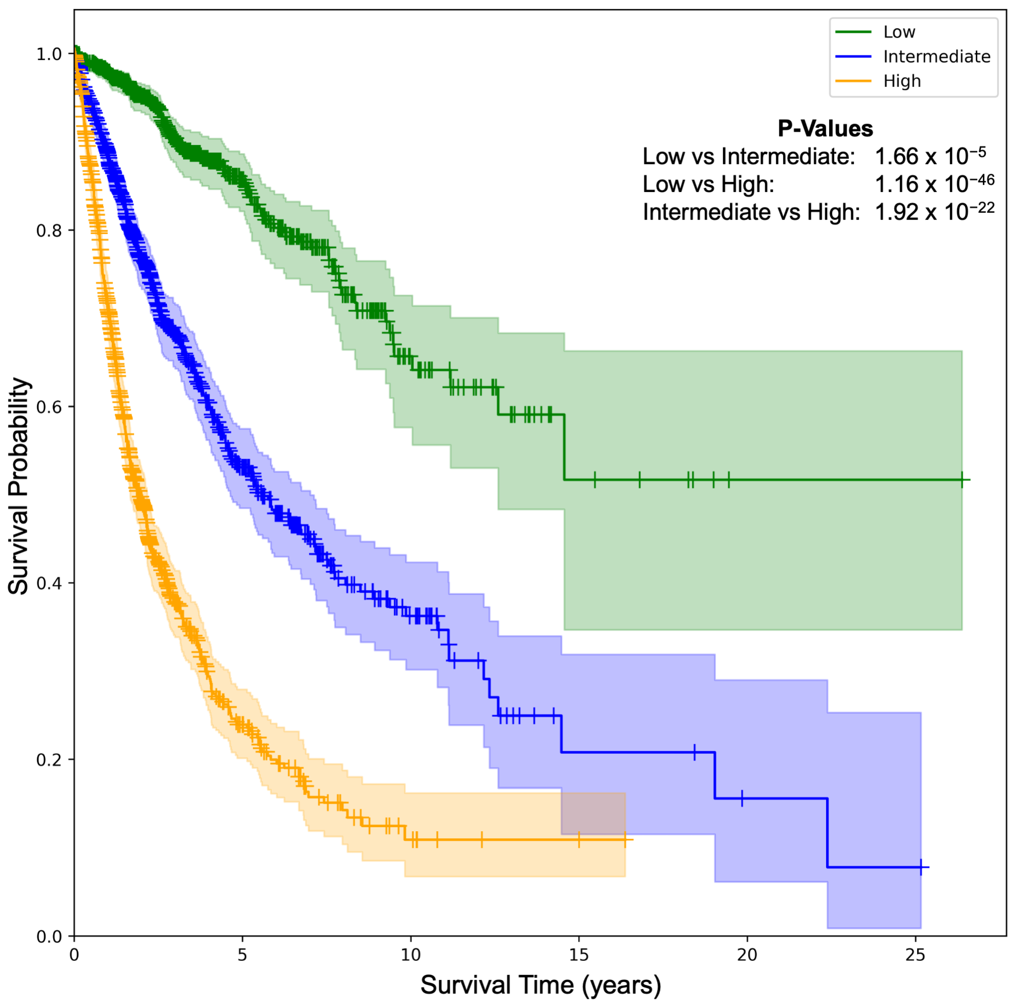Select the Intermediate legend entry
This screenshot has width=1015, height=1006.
click(x=936, y=57)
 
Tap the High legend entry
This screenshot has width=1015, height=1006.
click(x=902, y=81)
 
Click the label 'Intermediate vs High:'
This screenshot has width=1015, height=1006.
click(x=751, y=212)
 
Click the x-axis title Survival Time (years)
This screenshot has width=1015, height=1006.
click(x=540, y=984)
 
